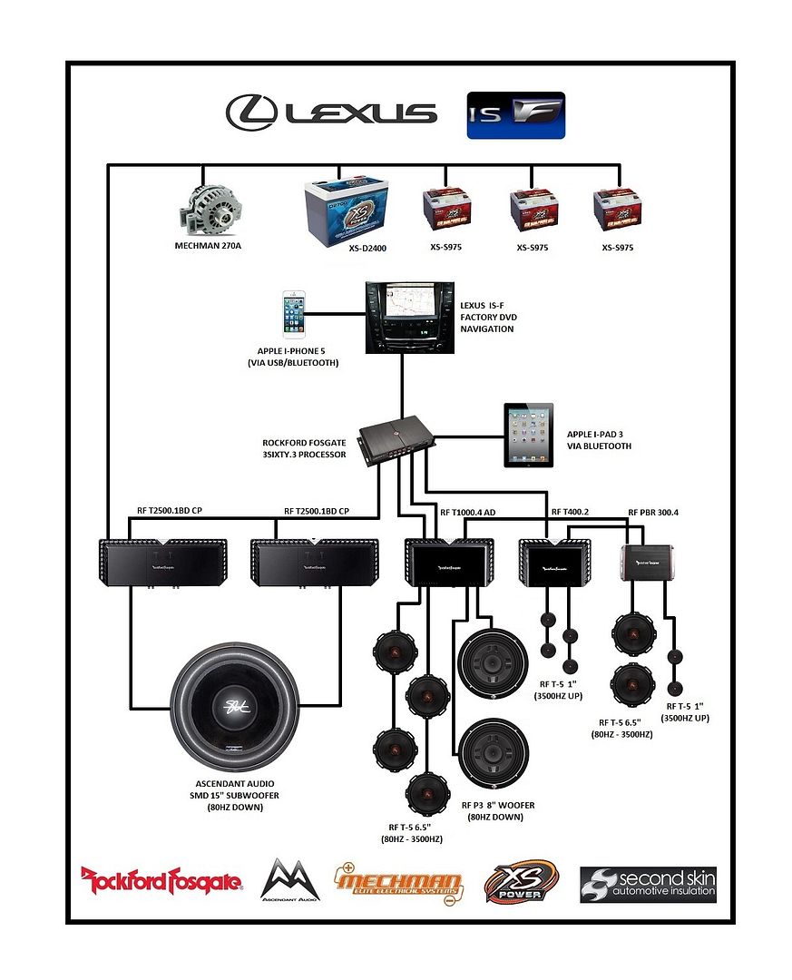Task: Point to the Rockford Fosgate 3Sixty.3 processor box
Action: tap(396, 439)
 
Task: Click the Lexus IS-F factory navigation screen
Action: tap(400, 316)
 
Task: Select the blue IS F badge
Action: tap(515, 114)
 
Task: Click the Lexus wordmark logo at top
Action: tap(331, 113)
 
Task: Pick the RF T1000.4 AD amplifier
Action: tap(449, 563)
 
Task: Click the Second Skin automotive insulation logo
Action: tap(648, 884)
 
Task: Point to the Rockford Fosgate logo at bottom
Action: tap(161, 880)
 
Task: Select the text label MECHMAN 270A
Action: tap(208, 246)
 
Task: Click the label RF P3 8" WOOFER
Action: tap(498, 805)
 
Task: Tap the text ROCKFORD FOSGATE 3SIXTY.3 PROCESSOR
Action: tap(304, 448)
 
